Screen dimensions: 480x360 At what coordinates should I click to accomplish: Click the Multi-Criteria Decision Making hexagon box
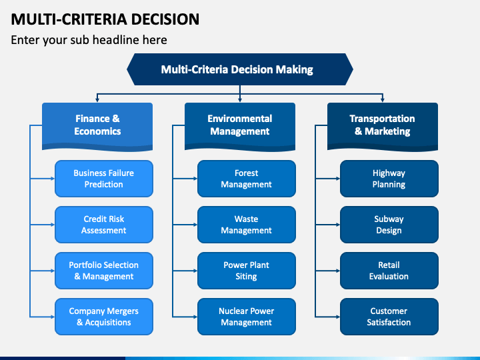click(x=240, y=69)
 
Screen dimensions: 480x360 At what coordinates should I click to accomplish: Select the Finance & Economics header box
click(x=97, y=126)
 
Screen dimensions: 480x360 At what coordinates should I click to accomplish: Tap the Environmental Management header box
click(x=240, y=126)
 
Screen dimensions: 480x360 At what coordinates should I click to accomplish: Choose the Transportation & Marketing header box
click(x=383, y=126)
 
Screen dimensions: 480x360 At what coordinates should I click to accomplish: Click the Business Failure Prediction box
click(x=104, y=179)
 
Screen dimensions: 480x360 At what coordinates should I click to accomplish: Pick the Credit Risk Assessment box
click(x=104, y=225)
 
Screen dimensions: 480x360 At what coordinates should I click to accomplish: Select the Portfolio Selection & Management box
click(x=104, y=271)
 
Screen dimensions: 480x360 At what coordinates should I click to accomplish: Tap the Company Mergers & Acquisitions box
click(x=104, y=317)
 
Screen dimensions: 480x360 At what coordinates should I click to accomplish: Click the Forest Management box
click(x=247, y=179)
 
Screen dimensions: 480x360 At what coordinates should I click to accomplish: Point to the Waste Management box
click(x=247, y=225)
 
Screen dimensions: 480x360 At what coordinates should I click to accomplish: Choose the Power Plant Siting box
click(x=247, y=271)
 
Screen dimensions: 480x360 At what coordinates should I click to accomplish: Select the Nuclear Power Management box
click(x=247, y=317)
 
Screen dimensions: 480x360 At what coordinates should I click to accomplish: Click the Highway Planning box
click(x=389, y=179)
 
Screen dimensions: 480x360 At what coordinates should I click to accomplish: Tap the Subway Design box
click(x=389, y=225)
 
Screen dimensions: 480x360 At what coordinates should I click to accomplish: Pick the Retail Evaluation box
click(x=389, y=271)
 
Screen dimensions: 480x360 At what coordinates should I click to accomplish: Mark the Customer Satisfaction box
click(x=389, y=317)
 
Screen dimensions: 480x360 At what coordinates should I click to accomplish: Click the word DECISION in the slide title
click(x=165, y=19)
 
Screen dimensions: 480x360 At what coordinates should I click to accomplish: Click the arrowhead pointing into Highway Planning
click(x=338, y=179)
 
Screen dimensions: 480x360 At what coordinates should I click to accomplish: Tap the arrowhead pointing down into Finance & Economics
click(x=97, y=100)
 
